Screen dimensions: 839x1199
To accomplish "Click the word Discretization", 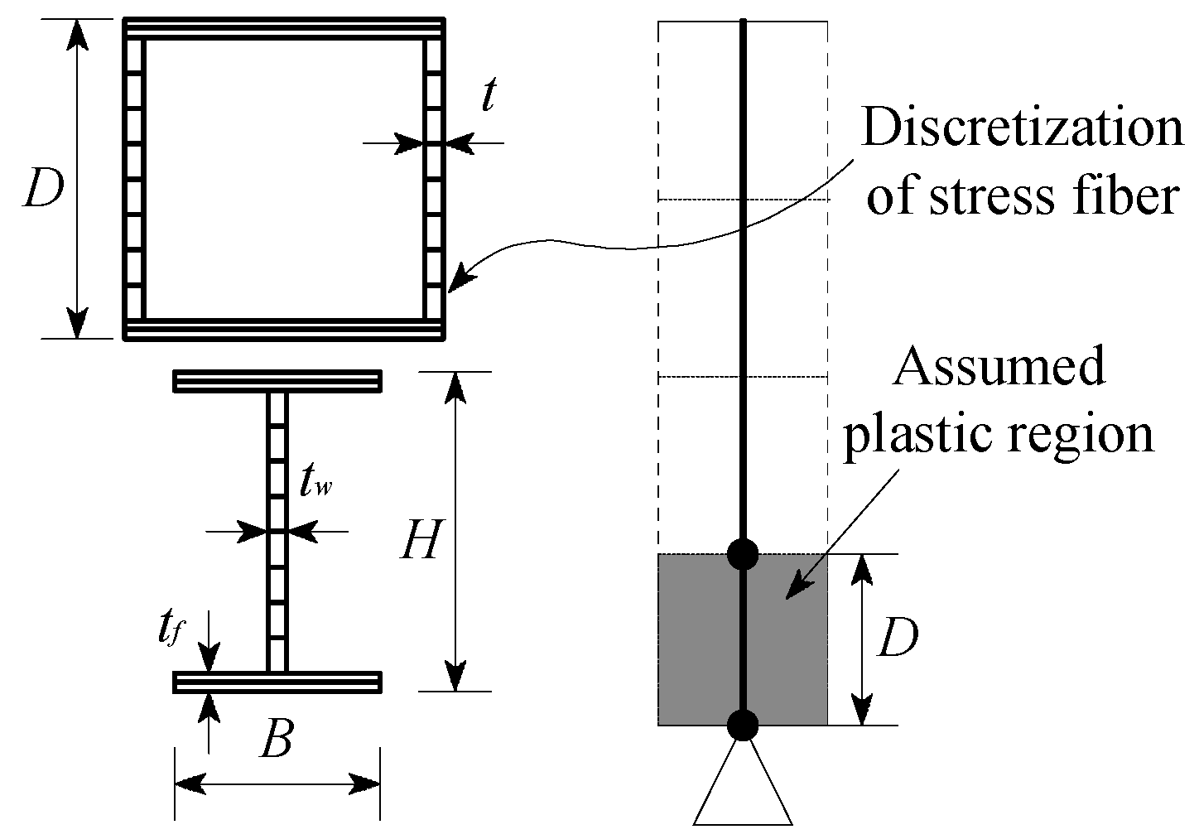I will click(1022, 131).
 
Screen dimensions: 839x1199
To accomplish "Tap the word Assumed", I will click(999, 367).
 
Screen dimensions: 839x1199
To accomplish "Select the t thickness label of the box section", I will click(489, 96).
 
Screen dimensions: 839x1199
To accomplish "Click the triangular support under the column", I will click(743, 787).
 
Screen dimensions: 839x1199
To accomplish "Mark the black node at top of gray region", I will click(743, 553).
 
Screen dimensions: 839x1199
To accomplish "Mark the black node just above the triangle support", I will click(743, 725).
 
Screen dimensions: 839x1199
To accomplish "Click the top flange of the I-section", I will click(277, 381).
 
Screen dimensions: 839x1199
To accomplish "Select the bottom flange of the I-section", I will click(277, 682).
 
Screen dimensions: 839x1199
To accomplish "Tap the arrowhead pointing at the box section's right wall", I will click(460, 279).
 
